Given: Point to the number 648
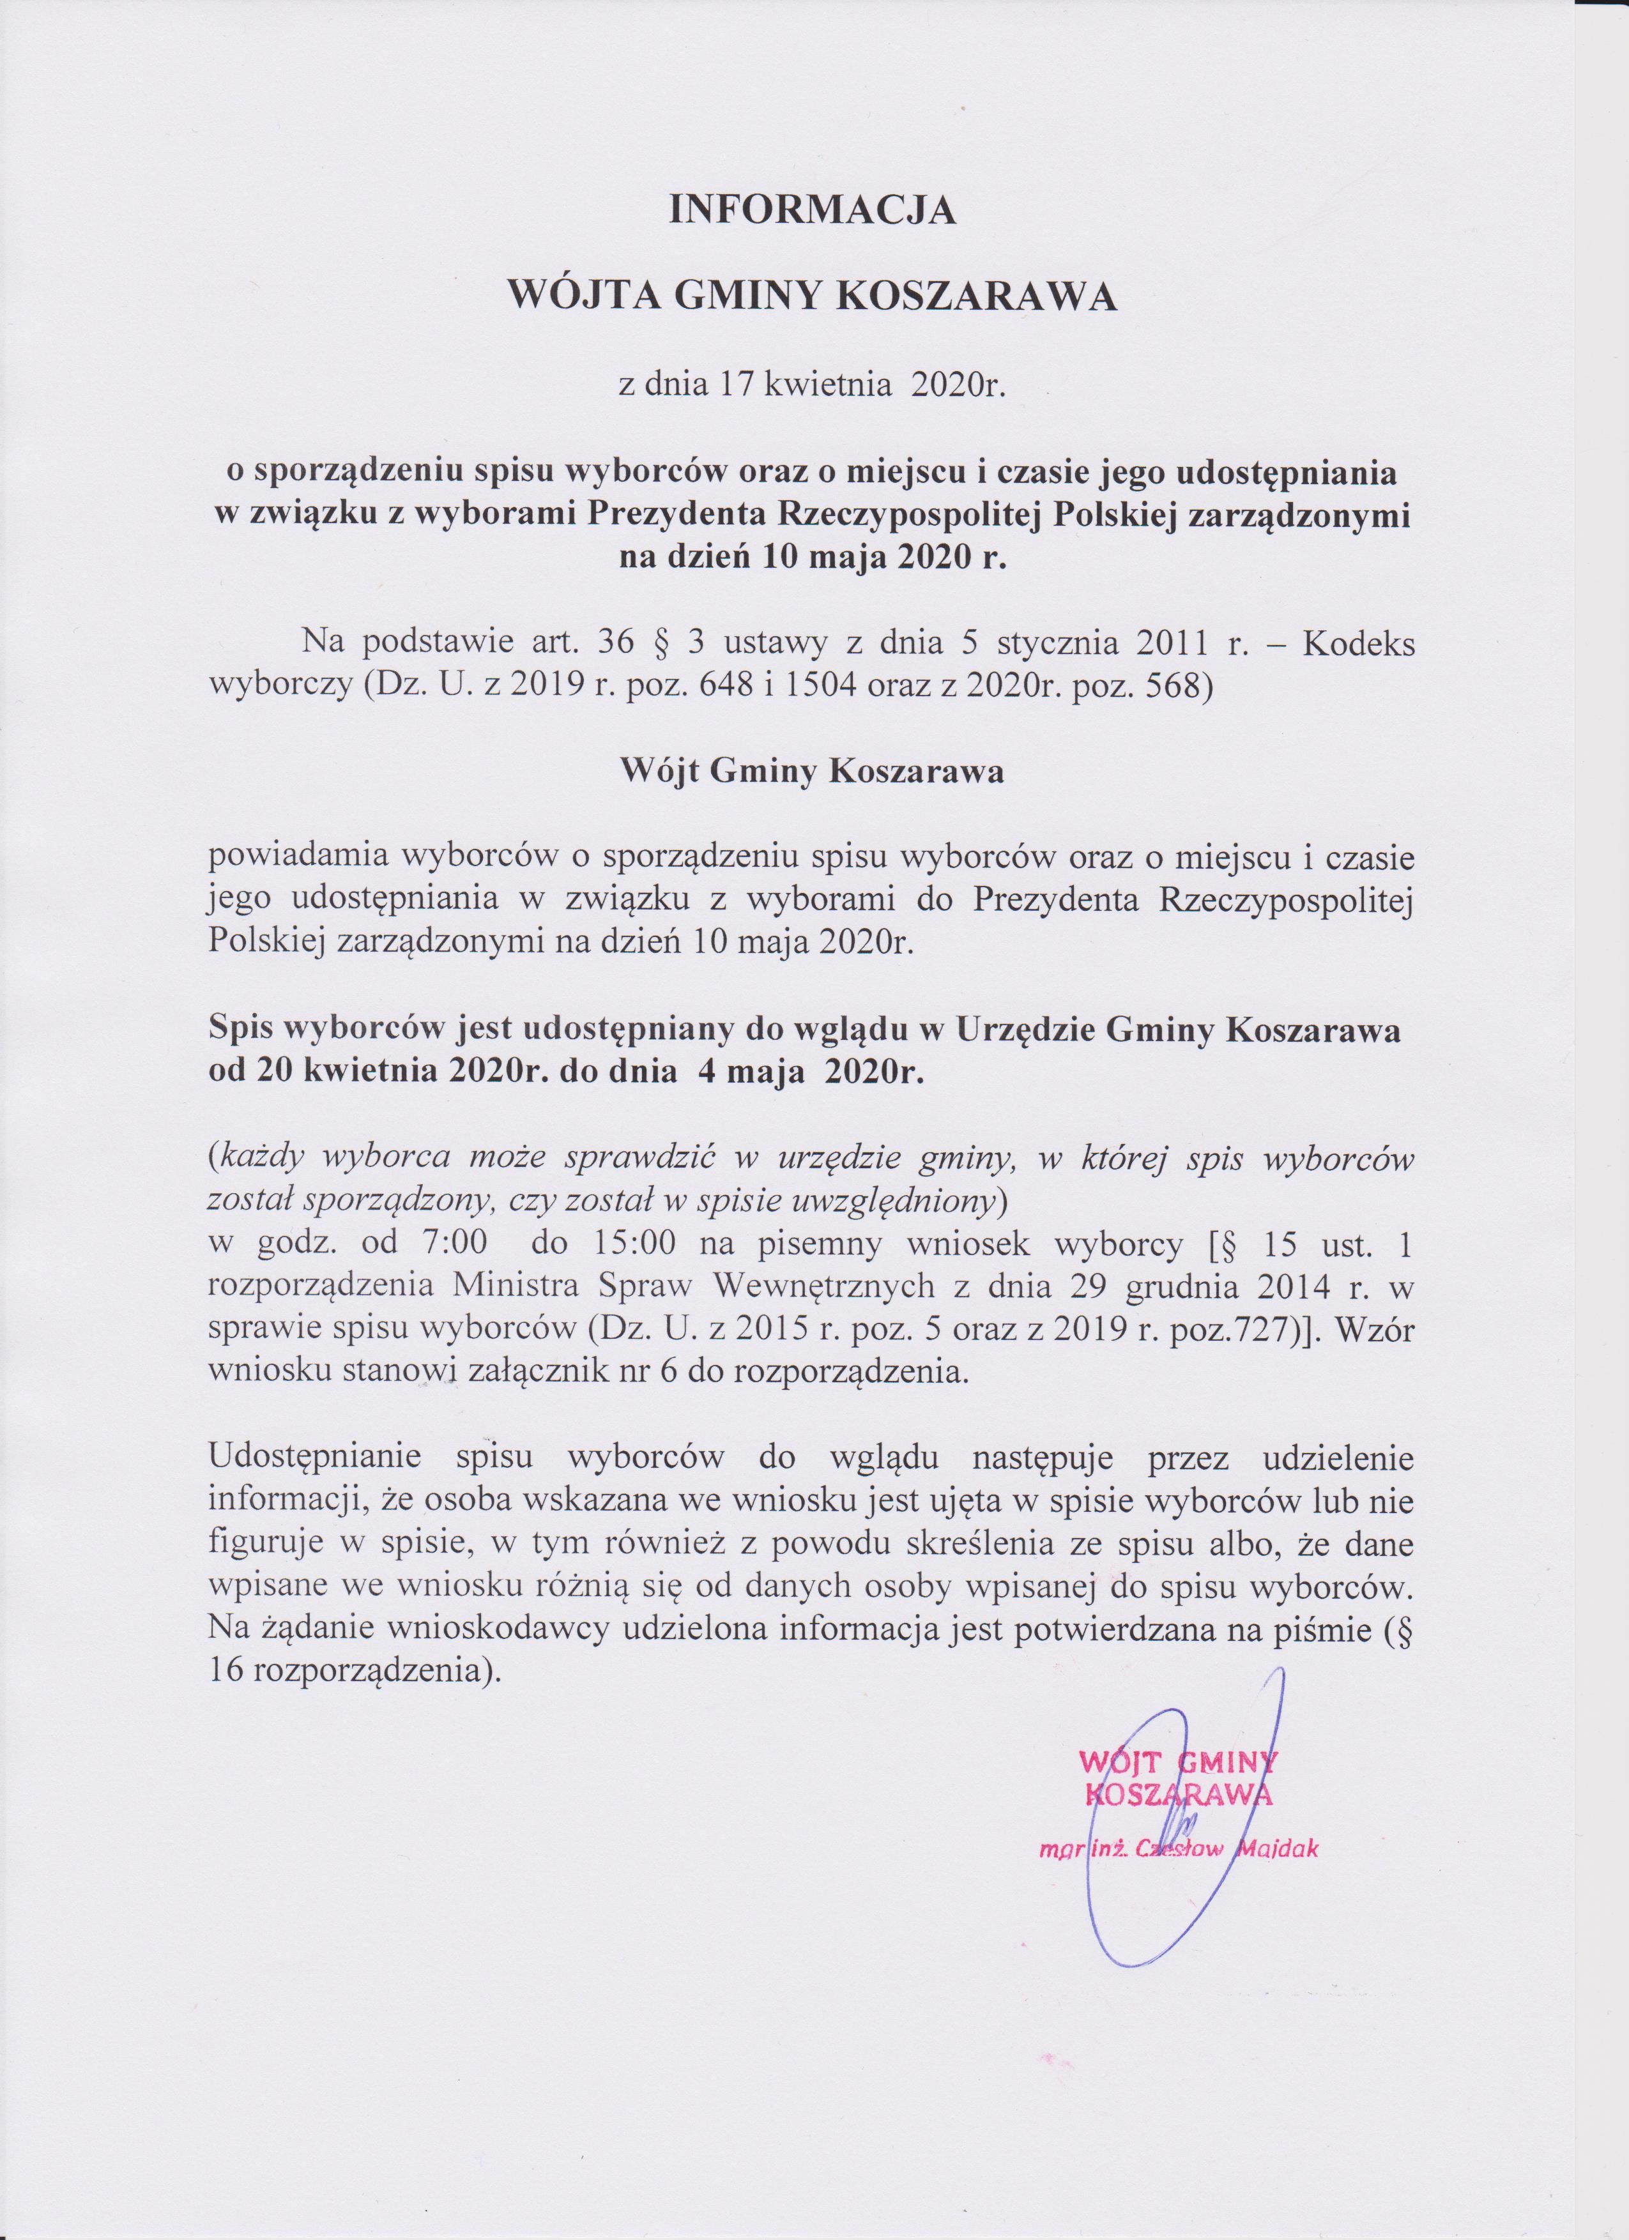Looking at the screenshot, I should pyautogui.click(x=727, y=685).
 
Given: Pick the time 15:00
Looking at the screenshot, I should pyautogui.click(x=635, y=1244).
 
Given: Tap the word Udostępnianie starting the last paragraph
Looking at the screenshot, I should pyautogui.click(x=315, y=1457).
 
